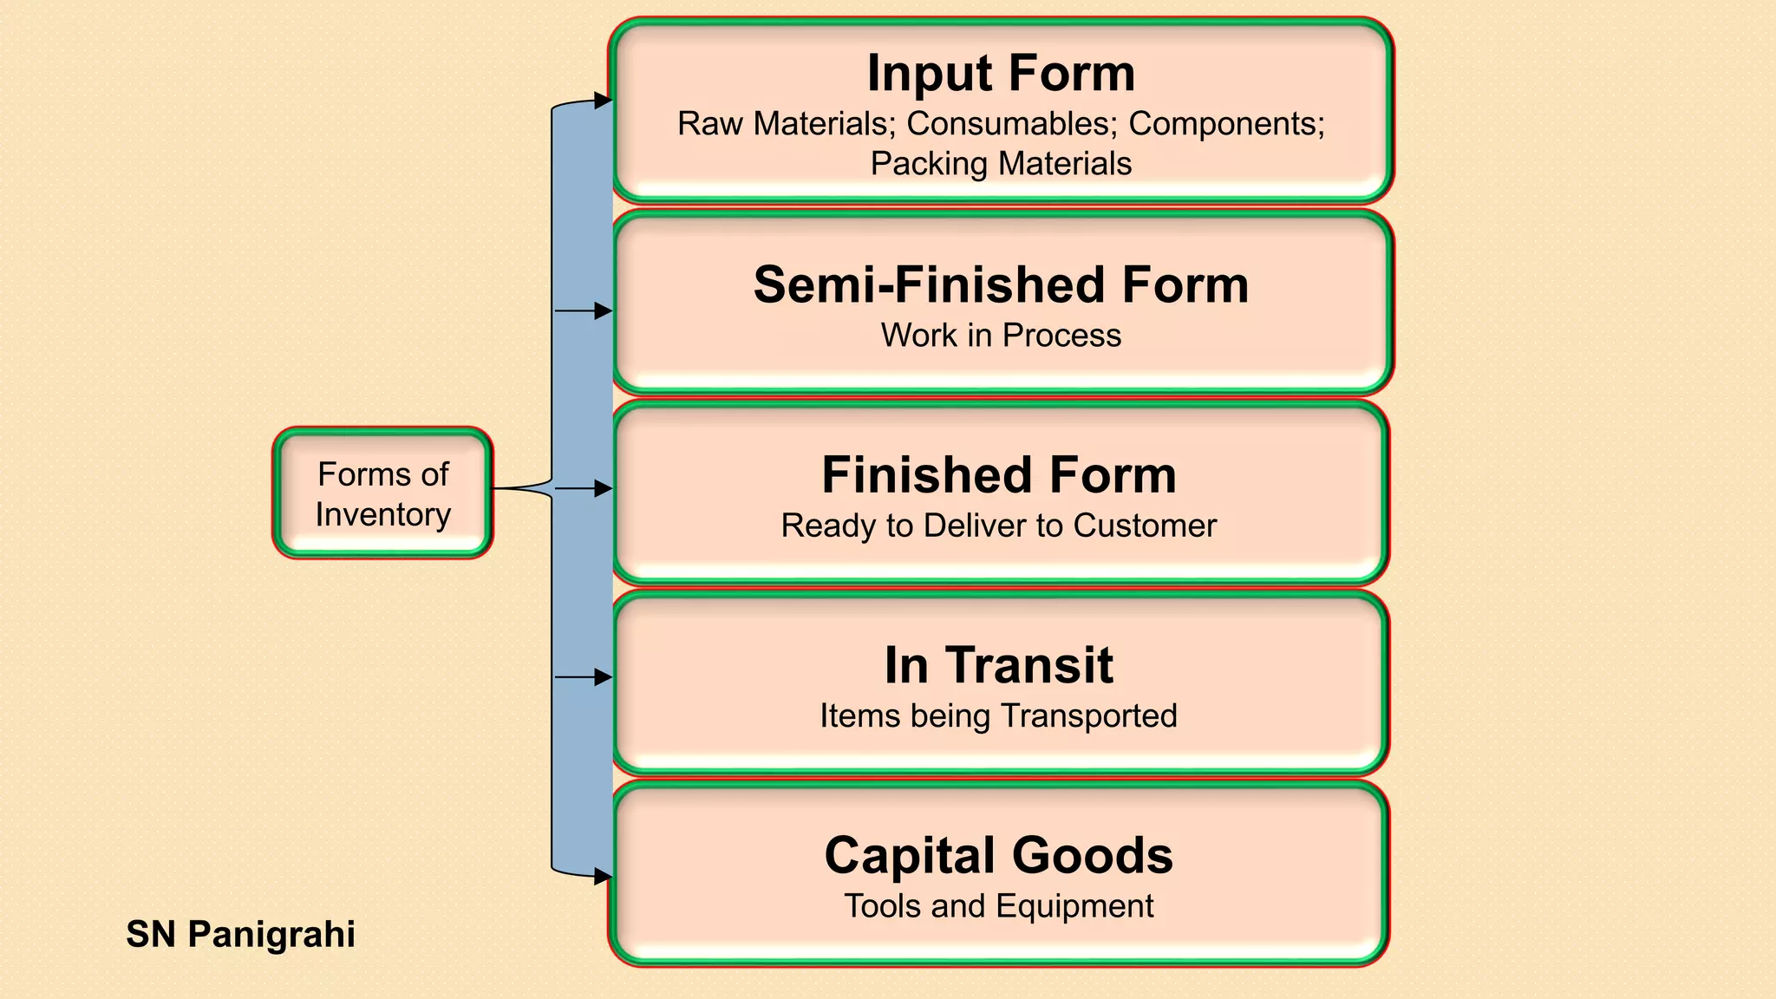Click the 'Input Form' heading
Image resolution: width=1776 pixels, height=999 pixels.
click(1001, 73)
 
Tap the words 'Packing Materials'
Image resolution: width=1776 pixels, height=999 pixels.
click(1001, 164)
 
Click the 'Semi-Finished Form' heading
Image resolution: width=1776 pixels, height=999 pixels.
click(1001, 285)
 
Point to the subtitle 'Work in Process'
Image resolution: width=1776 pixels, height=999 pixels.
click(1001, 336)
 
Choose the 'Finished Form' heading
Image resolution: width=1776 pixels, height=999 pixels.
click(999, 475)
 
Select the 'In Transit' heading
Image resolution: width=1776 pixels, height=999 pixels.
click(998, 665)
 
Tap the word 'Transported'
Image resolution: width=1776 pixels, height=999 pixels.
click(1088, 716)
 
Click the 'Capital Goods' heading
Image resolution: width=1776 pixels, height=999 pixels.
click(998, 855)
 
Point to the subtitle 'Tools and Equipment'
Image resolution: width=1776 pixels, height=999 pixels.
click(998, 906)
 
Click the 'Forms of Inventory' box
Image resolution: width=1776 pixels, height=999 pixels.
click(382, 493)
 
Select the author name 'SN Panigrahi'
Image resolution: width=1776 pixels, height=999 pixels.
click(240, 935)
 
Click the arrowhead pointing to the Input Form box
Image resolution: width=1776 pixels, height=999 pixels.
click(603, 101)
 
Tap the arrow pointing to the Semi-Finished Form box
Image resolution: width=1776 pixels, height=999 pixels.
click(584, 310)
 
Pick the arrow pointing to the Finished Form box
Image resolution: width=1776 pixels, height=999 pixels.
click(584, 489)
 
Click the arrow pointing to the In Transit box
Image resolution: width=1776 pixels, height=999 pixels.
click(584, 677)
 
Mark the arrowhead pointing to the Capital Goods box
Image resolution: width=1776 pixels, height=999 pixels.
click(603, 877)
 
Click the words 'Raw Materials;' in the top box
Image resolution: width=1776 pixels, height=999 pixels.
click(786, 124)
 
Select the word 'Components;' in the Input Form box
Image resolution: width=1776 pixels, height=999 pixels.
click(1226, 124)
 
